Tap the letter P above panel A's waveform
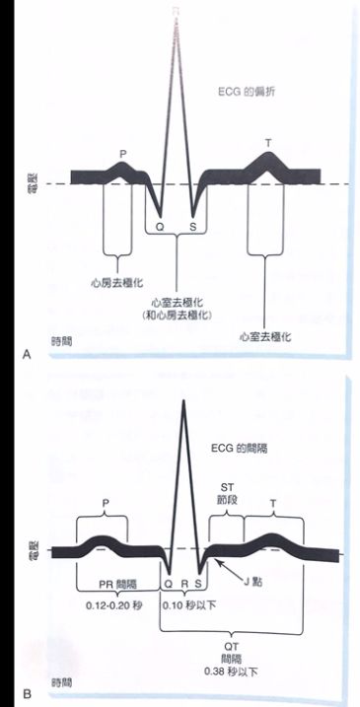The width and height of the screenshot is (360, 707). coord(123,154)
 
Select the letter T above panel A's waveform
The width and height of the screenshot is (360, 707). coord(268,143)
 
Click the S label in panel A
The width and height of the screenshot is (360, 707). coord(193,226)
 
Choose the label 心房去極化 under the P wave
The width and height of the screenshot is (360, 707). coord(117,281)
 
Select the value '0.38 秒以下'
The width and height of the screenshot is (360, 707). coord(233,671)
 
